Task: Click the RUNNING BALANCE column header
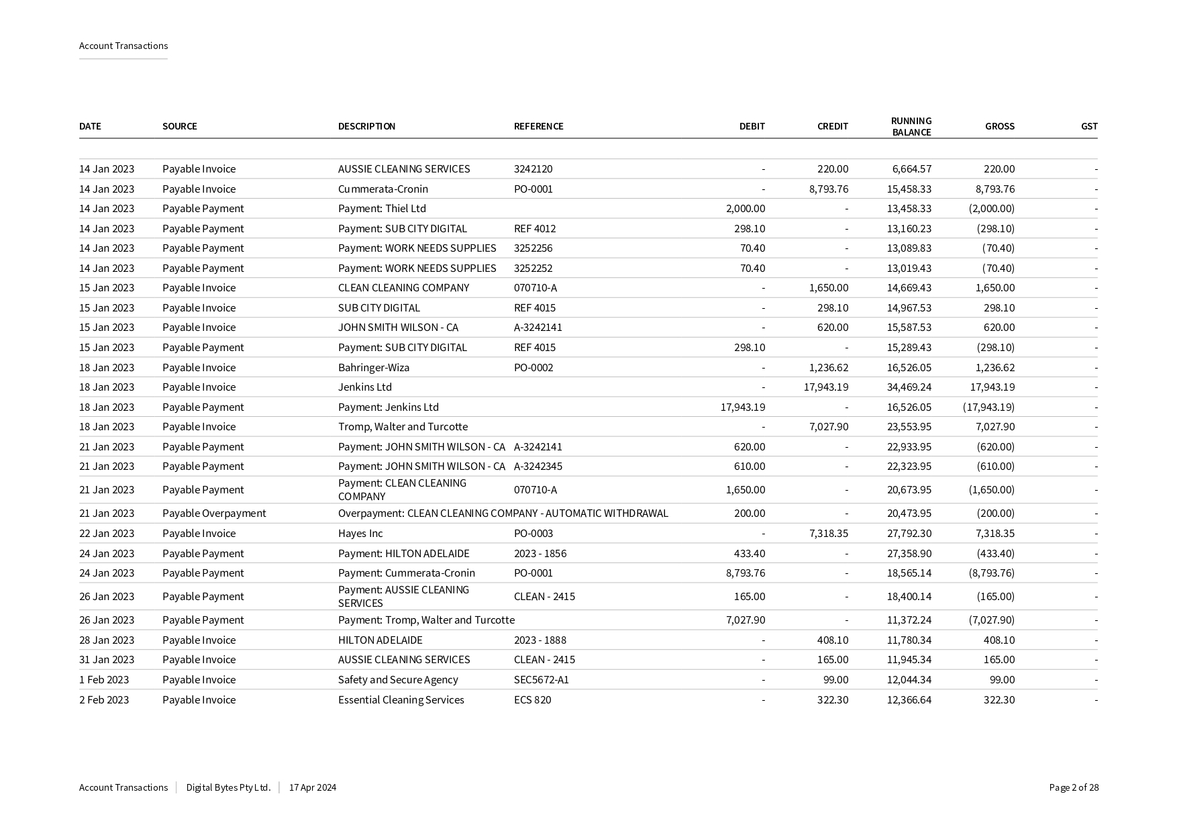tap(911, 126)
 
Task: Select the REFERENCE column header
tap(538, 126)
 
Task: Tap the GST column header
tap(1088, 126)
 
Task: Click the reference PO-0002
tap(533, 367)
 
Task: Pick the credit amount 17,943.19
tap(825, 387)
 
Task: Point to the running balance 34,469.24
tap(909, 387)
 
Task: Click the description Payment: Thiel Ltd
tap(382, 208)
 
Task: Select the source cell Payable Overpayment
tap(214, 513)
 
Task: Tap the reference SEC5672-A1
tap(541, 679)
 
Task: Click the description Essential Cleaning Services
tap(401, 699)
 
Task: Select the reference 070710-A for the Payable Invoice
tap(535, 287)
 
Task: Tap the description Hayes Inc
tap(360, 533)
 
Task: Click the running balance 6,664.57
tap(911, 168)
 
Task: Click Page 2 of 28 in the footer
tap(1074, 787)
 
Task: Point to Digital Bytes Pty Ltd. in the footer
tap(228, 787)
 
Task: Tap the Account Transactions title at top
tap(123, 46)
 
